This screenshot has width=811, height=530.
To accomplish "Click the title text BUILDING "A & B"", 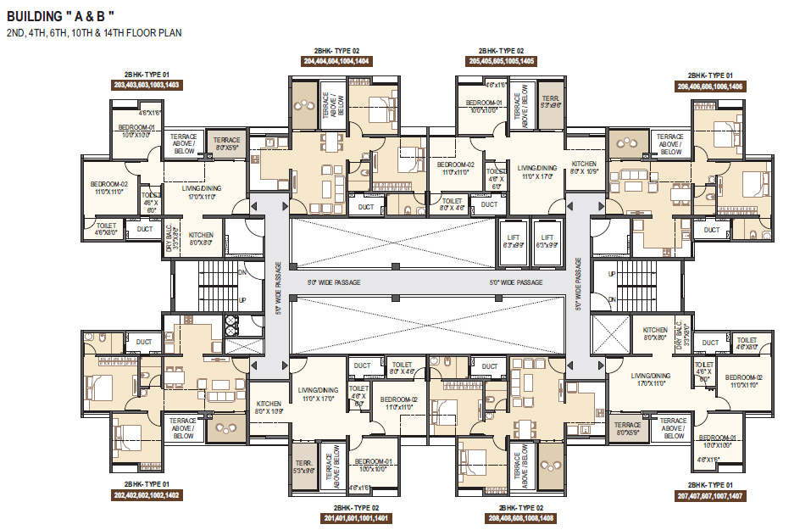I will [x=61, y=17].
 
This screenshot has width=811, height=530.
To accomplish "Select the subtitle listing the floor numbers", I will [x=93, y=33].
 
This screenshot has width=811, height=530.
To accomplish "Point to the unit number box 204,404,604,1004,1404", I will [x=336, y=61].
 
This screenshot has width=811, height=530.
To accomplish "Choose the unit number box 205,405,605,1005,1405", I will [x=502, y=61].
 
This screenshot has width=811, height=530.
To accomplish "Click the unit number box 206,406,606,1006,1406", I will [x=710, y=86].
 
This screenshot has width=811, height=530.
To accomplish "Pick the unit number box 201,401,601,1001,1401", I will [x=356, y=517].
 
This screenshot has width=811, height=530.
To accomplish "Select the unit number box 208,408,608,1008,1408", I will [x=521, y=517].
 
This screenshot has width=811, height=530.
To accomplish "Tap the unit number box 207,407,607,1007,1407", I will [x=710, y=494].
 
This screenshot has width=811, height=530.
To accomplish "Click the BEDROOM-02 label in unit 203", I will [x=109, y=187].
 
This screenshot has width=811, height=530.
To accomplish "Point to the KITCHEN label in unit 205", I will [x=583, y=167].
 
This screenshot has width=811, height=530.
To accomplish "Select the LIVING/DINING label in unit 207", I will [x=651, y=379].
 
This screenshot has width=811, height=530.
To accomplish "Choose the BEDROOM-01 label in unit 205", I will [x=484, y=106].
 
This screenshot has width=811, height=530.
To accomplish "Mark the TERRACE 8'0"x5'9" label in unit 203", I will [x=226, y=143].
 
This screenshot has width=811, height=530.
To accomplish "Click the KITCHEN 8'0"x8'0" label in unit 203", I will [x=201, y=238].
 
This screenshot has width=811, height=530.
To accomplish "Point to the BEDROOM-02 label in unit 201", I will [x=398, y=403].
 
